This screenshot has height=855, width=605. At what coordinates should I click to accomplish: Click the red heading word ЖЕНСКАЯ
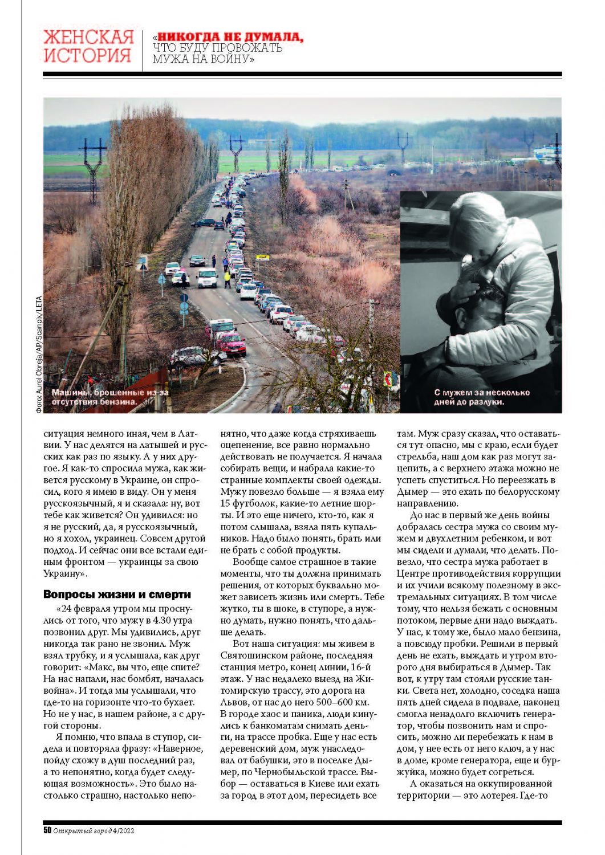coord(88,38)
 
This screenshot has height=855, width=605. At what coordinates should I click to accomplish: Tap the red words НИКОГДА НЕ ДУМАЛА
coord(230,37)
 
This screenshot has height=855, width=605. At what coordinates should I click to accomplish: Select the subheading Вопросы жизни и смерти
coord(117,595)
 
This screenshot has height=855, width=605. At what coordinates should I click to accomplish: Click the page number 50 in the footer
coord(47,830)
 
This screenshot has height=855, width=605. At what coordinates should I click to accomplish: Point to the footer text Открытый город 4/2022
coord(94,830)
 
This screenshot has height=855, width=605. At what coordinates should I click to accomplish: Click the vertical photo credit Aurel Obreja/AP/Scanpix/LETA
coord(39,354)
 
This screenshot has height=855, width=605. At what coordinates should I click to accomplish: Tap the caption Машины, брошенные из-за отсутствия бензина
coord(109,397)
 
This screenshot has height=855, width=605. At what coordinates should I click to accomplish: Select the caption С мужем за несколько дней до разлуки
coord(482,397)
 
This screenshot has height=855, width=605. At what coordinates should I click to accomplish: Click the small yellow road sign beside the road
coord(262,258)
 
